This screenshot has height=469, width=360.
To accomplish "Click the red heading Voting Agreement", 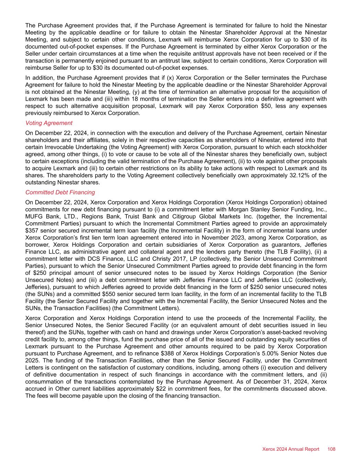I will coord(49,123).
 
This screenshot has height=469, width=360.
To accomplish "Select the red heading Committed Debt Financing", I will coord(60,192).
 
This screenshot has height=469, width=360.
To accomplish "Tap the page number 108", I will coord(331,449).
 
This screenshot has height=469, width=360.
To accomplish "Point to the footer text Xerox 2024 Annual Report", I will coord(291,449).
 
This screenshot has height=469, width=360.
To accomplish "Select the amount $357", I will coord(32,231).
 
